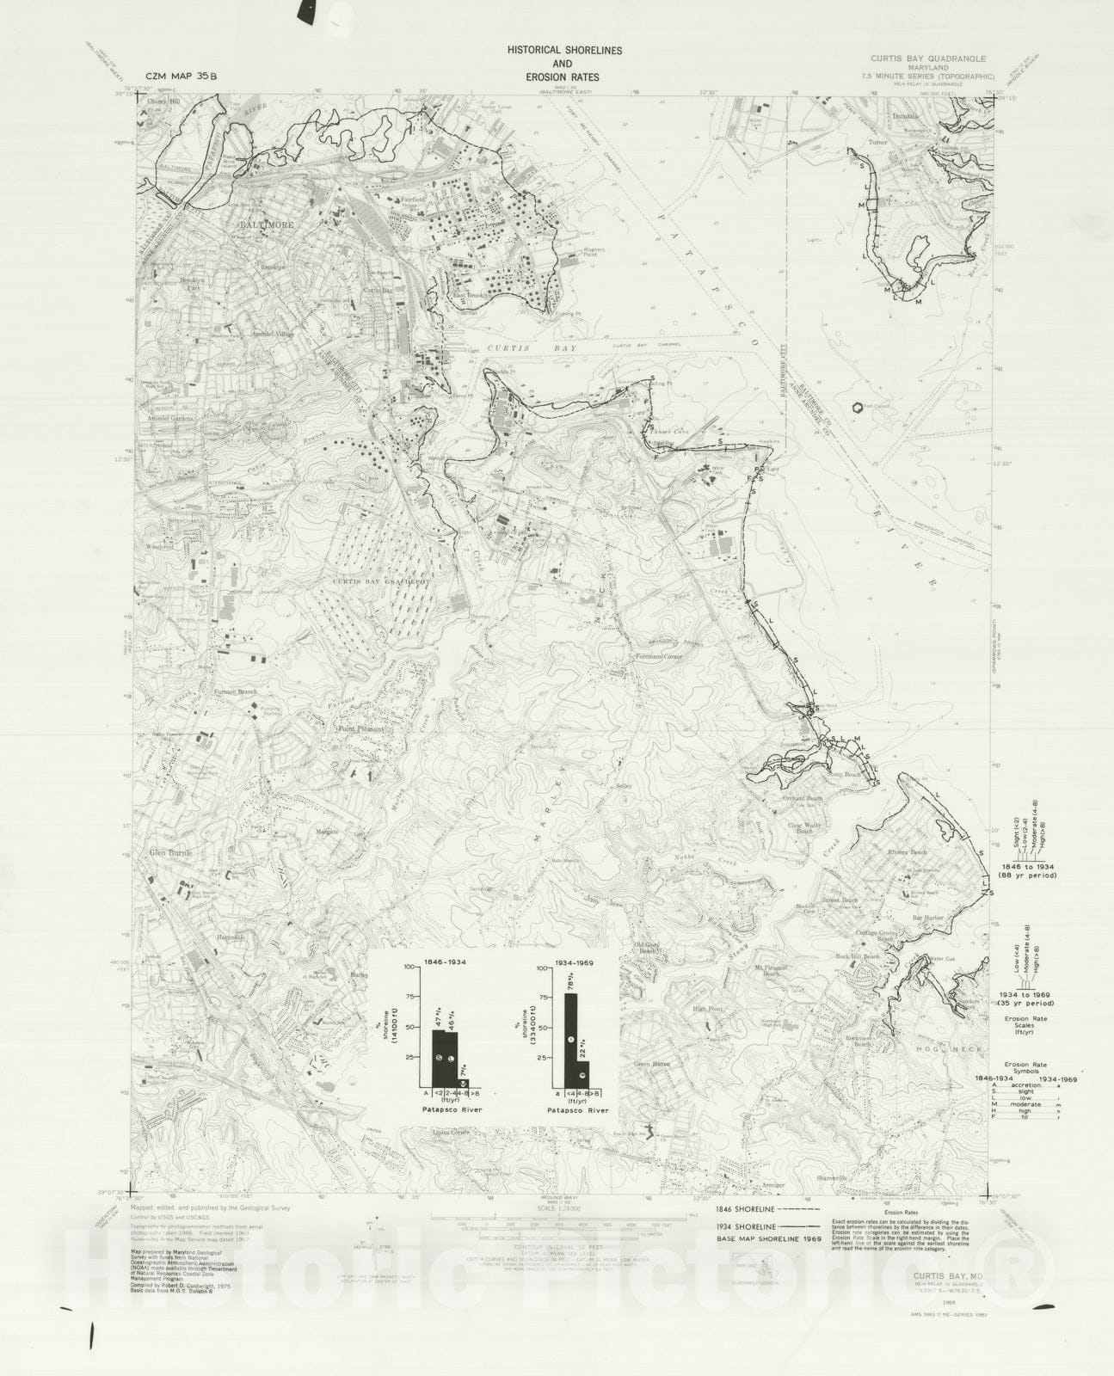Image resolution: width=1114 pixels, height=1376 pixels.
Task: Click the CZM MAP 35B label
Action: [182, 76]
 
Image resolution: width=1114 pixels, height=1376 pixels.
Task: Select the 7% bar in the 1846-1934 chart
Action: [464, 1083]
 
